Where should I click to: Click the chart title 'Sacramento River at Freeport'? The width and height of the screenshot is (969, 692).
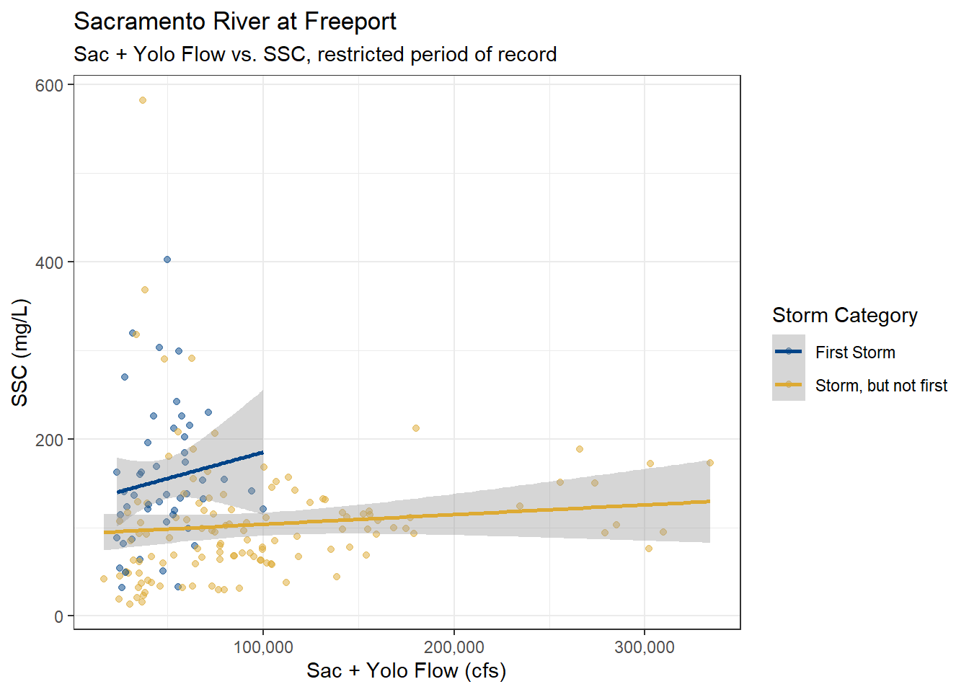(x=235, y=22)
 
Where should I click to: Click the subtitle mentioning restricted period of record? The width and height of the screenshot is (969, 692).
(x=315, y=54)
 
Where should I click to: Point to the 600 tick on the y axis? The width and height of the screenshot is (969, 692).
(x=49, y=85)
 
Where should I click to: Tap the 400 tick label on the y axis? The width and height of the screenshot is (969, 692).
(x=49, y=262)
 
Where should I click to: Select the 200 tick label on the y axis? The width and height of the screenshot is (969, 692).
(x=49, y=440)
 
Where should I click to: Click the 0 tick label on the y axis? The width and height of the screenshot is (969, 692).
(x=59, y=617)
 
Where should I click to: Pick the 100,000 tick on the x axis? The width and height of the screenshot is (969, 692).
(x=263, y=647)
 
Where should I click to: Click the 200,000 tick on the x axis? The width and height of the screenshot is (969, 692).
(x=454, y=647)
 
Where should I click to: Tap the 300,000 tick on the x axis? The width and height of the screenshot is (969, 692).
(x=645, y=647)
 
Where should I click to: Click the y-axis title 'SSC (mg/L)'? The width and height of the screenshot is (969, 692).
(x=20, y=352)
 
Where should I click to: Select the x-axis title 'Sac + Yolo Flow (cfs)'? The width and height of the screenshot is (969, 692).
(x=406, y=670)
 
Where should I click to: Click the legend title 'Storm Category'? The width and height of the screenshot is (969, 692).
(x=844, y=315)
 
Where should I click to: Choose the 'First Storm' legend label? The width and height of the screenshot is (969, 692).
(x=855, y=352)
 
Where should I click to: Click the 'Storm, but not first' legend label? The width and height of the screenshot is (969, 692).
(x=881, y=386)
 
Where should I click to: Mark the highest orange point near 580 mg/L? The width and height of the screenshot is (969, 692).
(x=143, y=100)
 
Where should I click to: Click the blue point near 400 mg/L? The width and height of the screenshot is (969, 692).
(x=167, y=259)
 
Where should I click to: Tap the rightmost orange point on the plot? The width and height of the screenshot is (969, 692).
(x=710, y=463)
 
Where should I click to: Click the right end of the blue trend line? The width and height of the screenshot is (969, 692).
(x=262, y=453)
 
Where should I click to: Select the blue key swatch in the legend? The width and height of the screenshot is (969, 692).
(x=789, y=352)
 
